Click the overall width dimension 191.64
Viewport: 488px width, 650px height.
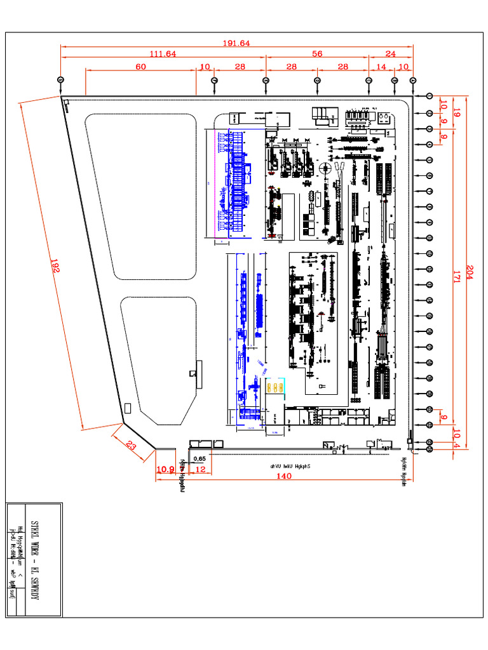(x=236, y=43)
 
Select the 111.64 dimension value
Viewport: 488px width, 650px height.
(x=163, y=54)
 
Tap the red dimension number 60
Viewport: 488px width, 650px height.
(x=140, y=67)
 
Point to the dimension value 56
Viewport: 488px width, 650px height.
(x=316, y=54)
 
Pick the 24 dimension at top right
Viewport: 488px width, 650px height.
(x=391, y=54)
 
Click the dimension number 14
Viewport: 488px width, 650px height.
(x=381, y=67)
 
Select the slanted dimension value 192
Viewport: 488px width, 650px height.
(x=53, y=267)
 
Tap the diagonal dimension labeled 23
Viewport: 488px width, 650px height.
(x=131, y=445)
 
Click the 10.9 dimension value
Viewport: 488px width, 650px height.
(x=165, y=469)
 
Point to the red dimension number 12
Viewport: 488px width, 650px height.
(x=200, y=469)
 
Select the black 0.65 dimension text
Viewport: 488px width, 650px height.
(x=199, y=458)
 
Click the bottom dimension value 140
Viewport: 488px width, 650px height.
(x=284, y=477)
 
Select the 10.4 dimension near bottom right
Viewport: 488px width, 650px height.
(x=456, y=437)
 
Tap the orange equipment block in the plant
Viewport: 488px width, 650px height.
(x=275, y=387)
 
